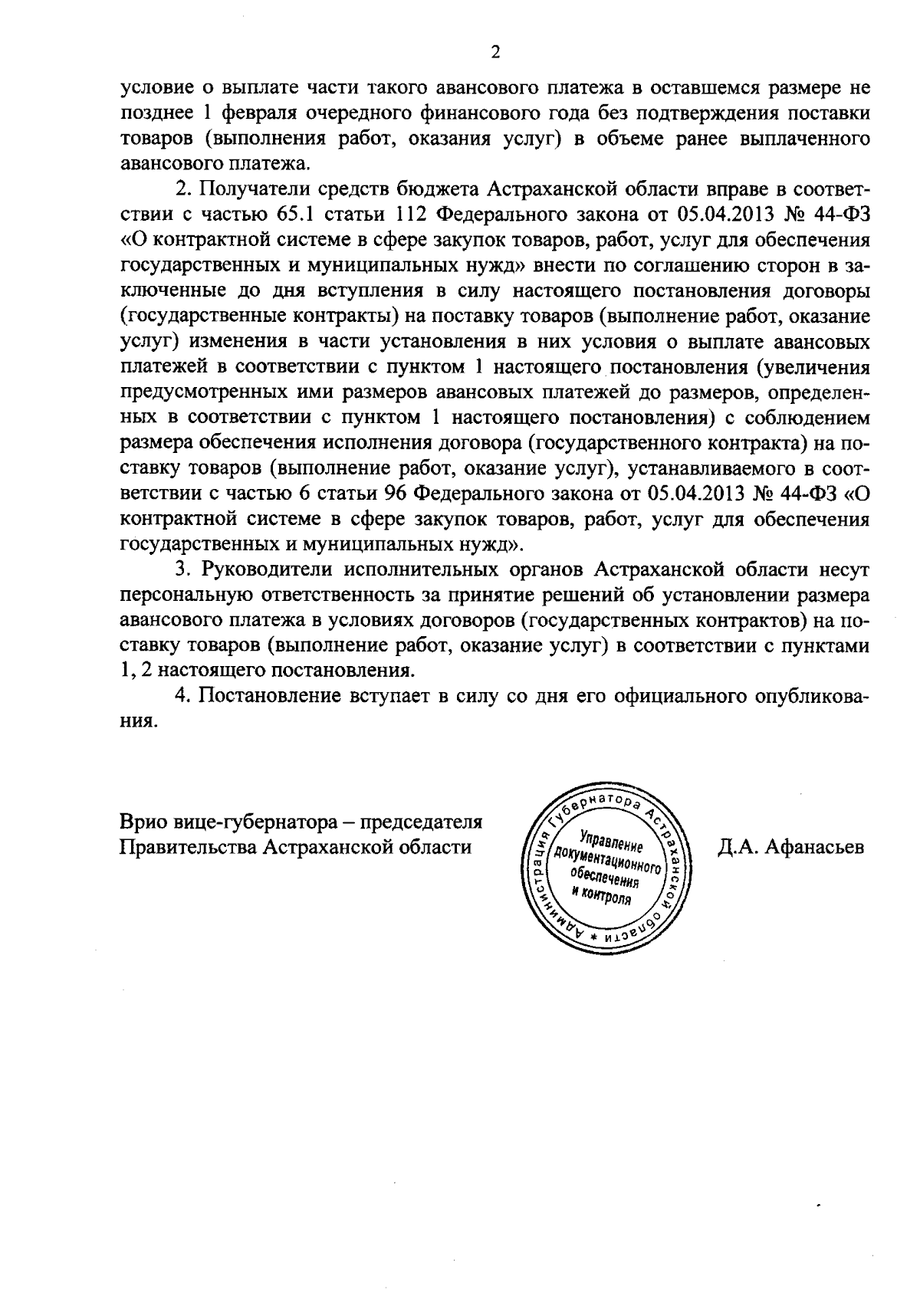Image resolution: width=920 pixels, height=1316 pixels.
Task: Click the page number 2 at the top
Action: [x=495, y=52]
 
